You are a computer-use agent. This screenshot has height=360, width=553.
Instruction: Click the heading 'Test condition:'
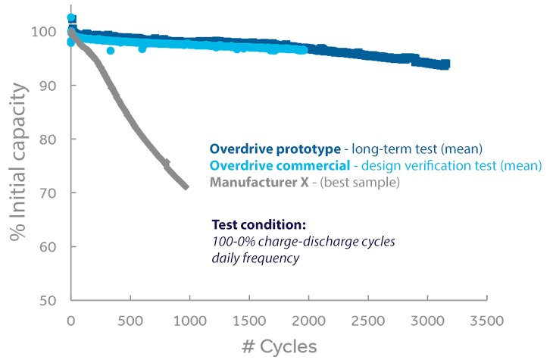pyautogui.click(x=257, y=225)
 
